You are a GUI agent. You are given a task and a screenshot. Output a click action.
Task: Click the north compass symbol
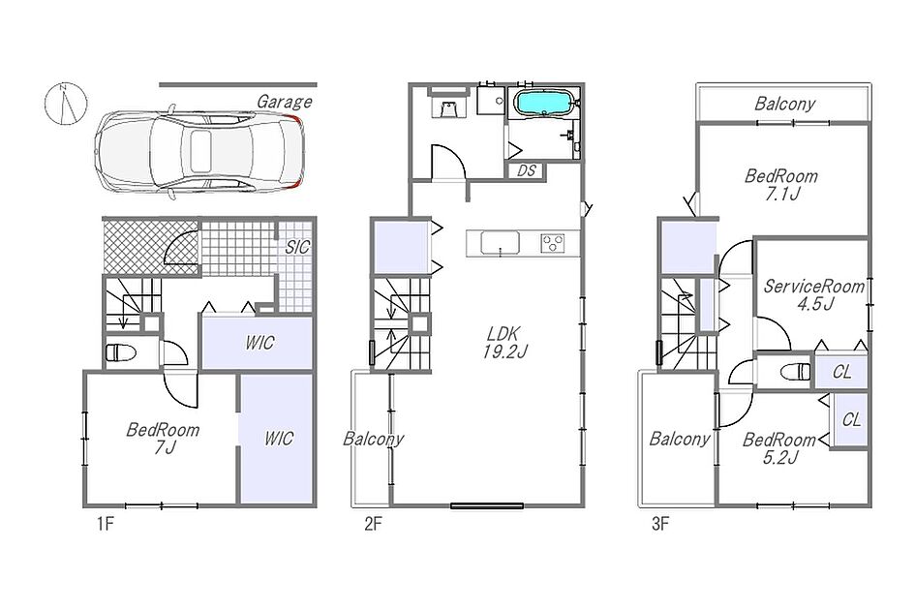(66, 104)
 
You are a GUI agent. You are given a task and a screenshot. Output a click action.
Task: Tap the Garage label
(285, 102)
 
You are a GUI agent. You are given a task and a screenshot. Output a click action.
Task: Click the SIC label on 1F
(297, 248)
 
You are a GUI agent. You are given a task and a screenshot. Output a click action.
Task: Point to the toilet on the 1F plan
(121, 352)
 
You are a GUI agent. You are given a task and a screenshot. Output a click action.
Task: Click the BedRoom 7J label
(163, 439)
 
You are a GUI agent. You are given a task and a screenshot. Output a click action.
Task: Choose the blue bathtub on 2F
(542, 104)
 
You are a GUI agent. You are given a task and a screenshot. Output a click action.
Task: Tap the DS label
(527, 171)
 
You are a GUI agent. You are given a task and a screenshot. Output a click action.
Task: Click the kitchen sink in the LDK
(500, 242)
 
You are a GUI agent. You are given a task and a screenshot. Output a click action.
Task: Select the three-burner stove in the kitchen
(552, 242)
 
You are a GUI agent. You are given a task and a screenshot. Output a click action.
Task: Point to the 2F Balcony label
(373, 439)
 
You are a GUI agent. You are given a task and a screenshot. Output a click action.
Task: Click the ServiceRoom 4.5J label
(814, 294)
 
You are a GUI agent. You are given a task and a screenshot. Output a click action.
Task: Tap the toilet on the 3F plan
(796, 371)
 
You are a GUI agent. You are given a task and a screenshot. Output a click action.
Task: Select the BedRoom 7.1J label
(780, 185)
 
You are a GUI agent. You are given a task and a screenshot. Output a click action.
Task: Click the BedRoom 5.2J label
(779, 448)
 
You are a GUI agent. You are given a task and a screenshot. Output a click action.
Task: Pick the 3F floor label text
(659, 524)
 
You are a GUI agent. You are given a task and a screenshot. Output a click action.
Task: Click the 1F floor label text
(105, 524)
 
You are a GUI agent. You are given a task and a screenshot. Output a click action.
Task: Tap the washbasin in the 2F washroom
(448, 108)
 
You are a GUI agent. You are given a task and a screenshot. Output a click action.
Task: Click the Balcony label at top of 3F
(784, 104)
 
